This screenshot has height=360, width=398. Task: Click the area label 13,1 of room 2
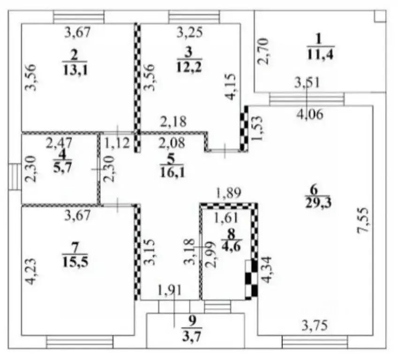pyautogui.click(x=75, y=70)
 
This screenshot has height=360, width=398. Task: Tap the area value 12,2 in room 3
pyautogui.click(x=189, y=67)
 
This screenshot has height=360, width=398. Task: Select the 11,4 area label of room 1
pyautogui.click(x=320, y=54)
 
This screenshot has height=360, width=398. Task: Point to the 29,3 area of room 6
pyautogui.click(x=318, y=203)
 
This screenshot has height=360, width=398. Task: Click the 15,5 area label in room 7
pyautogui.click(x=75, y=262)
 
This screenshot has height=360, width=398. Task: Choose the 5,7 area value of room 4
pyautogui.click(x=62, y=167)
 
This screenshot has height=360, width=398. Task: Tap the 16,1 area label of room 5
pyautogui.click(x=173, y=172)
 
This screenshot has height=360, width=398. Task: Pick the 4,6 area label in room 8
pyautogui.click(x=231, y=246)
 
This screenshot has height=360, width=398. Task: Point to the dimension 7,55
pyautogui.click(x=362, y=220)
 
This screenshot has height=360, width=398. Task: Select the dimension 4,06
pyautogui.click(x=310, y=114)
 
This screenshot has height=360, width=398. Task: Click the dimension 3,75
pyautogui.click(x=315, y=325)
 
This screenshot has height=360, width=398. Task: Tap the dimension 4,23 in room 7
pyautogui.click(x=31, y=271)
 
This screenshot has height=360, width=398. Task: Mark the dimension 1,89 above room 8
pyautogui.click(x=228, y=194)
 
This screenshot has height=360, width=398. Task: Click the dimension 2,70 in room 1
pyautogui.click(x=263, y=51)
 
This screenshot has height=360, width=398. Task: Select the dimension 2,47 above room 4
pyautogui.click(x=59, y=143)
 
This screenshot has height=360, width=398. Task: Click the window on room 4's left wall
pyautogui.click(x=15, y=177)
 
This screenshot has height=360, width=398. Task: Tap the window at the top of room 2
pyautogui.click(x=79, y=17)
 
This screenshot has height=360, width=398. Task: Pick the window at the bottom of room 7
pyautogui.click(x=80, y=342)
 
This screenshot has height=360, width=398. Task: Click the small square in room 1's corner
pyautogui.click(x=380, y=16)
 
